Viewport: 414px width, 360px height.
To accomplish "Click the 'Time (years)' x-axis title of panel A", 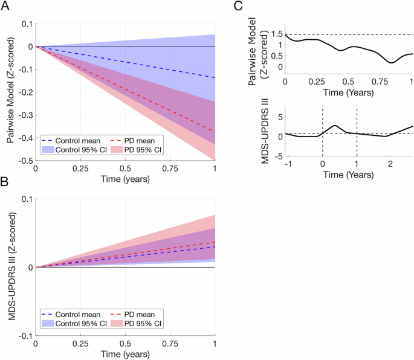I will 126,180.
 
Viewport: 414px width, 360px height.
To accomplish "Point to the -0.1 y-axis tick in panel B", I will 25,336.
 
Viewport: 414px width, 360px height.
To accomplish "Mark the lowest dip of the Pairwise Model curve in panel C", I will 392,62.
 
